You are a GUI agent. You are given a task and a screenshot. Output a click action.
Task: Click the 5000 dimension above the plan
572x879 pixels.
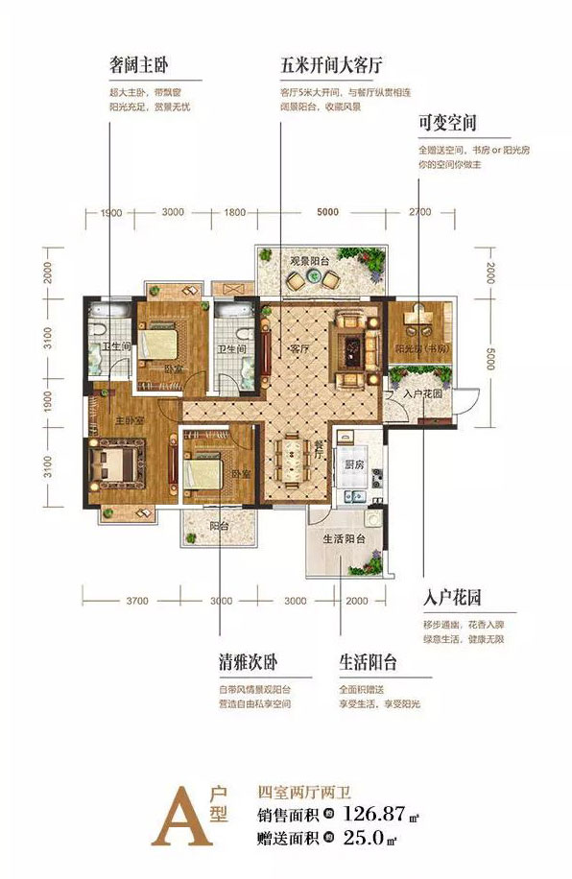tap(327, 212)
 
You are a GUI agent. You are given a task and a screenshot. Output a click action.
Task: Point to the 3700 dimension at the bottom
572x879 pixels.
tap(135, 601)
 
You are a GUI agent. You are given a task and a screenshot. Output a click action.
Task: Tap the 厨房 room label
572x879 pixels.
tap(354, 464)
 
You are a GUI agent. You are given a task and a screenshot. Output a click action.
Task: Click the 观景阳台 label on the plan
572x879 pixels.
tap(310, 260)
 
